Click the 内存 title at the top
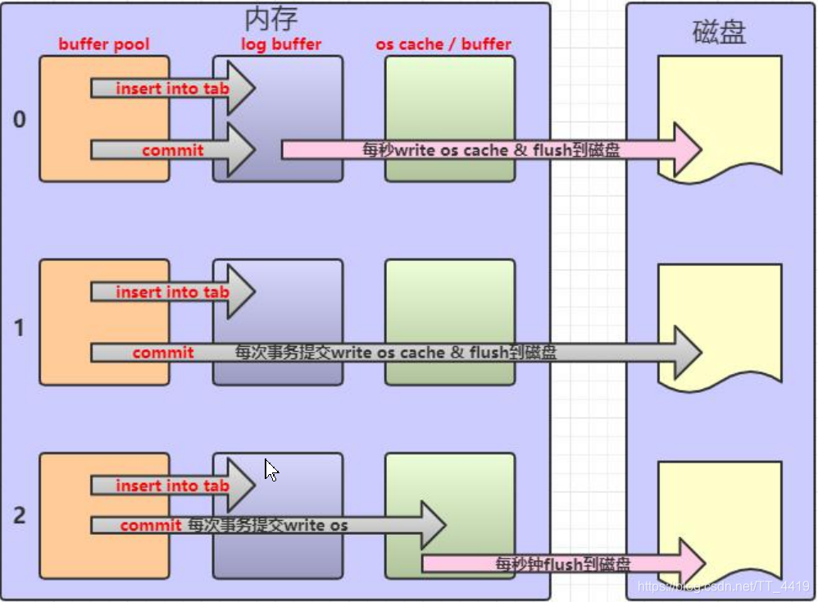[x=270, y=19]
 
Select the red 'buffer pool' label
[x=104, y=44]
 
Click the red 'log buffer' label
[x=280, y=44]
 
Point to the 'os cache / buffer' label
[x=443, y=44]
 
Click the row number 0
[x=20, y=120]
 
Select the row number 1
[x=20, y=328]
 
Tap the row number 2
[x=20, y=516]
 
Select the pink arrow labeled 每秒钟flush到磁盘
[x=564, y=563]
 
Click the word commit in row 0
[x=173, y=150]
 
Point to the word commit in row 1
[x=163, y=353]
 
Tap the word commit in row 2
[x=151, y=525]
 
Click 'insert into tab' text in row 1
[x=172, y=292]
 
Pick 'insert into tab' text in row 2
[x=172, y=486]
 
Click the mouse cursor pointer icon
[x=271, y=470]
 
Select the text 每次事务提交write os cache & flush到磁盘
[x=396, y=353]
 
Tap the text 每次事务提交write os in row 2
[x=268, y=525]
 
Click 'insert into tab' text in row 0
[x=172, y=89]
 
